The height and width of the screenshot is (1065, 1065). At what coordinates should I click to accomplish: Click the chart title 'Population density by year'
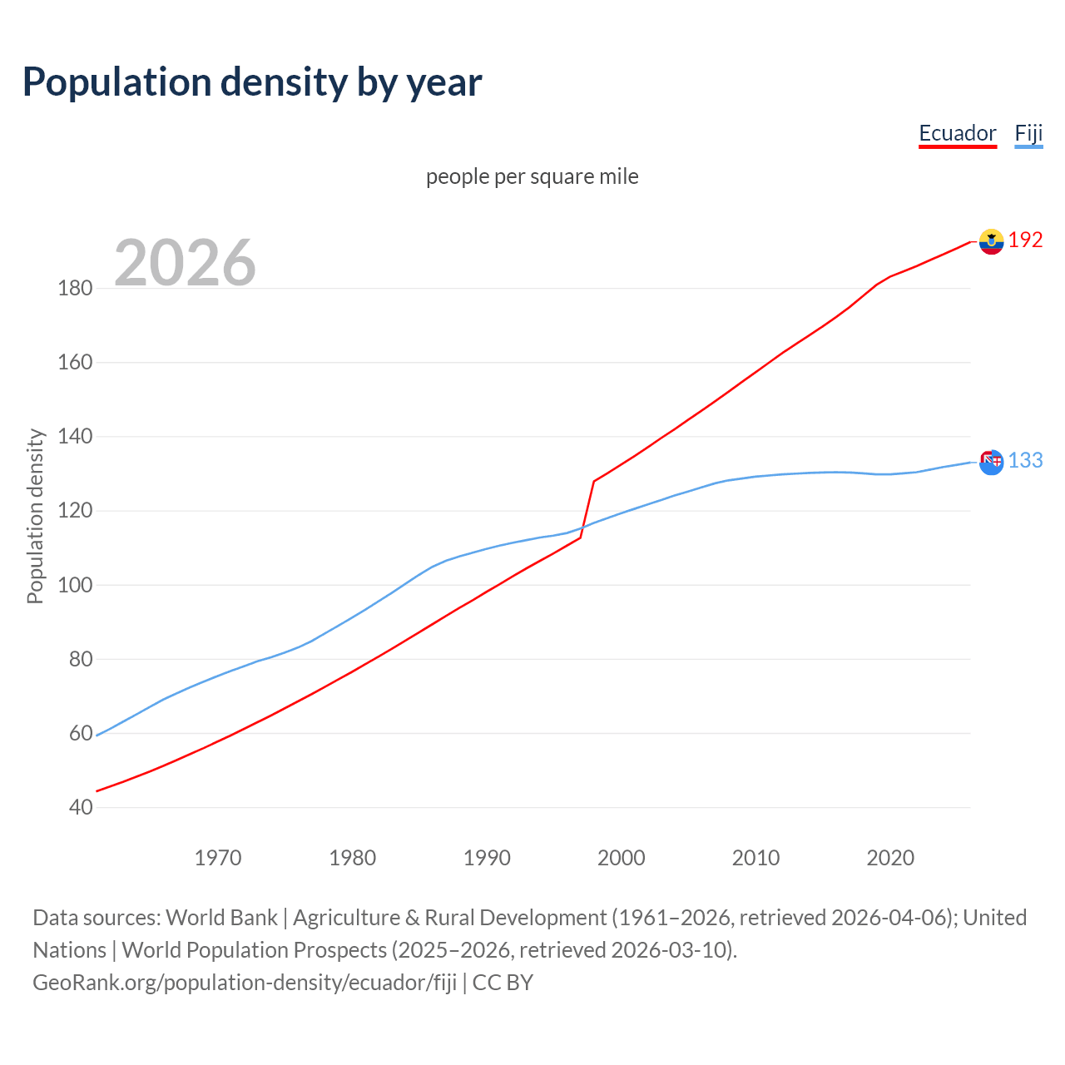[252, 82]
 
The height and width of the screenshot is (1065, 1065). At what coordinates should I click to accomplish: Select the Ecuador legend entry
[957, 133]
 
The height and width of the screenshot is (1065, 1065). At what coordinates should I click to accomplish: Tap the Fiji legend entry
[1028, 133]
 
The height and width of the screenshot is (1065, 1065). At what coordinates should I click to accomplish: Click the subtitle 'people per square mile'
[532, 176]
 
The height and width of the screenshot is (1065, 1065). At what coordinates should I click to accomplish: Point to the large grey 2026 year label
[185, 263]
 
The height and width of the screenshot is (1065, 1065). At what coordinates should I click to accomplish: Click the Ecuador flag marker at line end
[991, 241]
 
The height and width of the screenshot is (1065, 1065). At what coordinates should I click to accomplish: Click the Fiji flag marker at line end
[991, 462]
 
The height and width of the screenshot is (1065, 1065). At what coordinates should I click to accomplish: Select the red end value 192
[1025, 240]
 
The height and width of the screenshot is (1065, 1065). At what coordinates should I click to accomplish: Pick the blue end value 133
[1025, 461]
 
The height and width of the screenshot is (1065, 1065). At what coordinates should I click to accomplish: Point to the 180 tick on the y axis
[75, 289]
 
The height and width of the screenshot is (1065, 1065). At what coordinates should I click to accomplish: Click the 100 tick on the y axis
[75, 585]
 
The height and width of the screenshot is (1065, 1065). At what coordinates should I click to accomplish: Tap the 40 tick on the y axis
[81, 807]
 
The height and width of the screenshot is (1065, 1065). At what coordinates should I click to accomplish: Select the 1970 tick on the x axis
[218, 858]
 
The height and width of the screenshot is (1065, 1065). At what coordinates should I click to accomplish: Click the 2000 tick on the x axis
[622, 858]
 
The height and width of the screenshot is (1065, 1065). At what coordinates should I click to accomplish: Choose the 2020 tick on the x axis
[890, 858]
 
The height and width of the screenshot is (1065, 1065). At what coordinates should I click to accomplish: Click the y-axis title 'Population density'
[35, 516]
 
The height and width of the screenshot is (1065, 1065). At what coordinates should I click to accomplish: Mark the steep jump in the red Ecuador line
[587, 509]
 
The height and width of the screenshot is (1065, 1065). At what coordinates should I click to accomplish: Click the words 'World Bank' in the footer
[221, 918]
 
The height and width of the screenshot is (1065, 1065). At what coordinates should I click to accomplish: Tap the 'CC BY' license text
[503, 983]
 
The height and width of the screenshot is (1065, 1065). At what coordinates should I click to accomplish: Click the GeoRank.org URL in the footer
[245, 983]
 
